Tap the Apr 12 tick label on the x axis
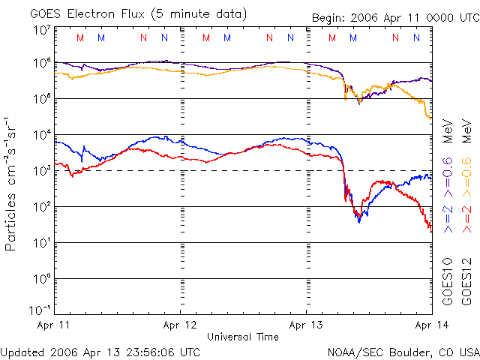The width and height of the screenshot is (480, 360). [181, 325]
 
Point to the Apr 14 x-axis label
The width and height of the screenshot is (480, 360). [430, 325]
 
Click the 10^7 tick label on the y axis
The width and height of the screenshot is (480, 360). [40, 30]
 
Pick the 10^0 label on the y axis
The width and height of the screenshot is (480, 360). [40, 279]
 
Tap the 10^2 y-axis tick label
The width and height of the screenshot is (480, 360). [40, 207]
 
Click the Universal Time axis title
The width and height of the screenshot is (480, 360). [243, 337]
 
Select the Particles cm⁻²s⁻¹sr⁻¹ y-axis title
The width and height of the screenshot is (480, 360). [11, 184]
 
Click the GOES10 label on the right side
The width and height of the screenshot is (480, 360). [448, 281]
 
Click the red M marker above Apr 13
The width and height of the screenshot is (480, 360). [332, 37]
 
